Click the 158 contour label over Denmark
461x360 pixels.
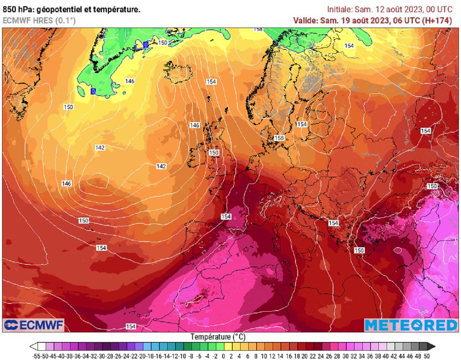[279, 138]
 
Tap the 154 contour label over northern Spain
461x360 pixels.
[226, 217]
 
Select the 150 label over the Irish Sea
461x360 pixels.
[214, 153]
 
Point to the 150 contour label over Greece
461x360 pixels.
[359, 250]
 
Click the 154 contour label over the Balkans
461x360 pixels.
[333, 223]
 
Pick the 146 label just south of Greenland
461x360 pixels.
[130, 81]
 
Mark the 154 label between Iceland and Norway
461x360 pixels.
[211, 82]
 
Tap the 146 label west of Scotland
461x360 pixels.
[194, 125]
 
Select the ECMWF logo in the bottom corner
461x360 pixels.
[34, 325]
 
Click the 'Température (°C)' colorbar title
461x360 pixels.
[218, 337]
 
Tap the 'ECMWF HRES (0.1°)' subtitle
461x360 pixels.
[39, 20]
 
